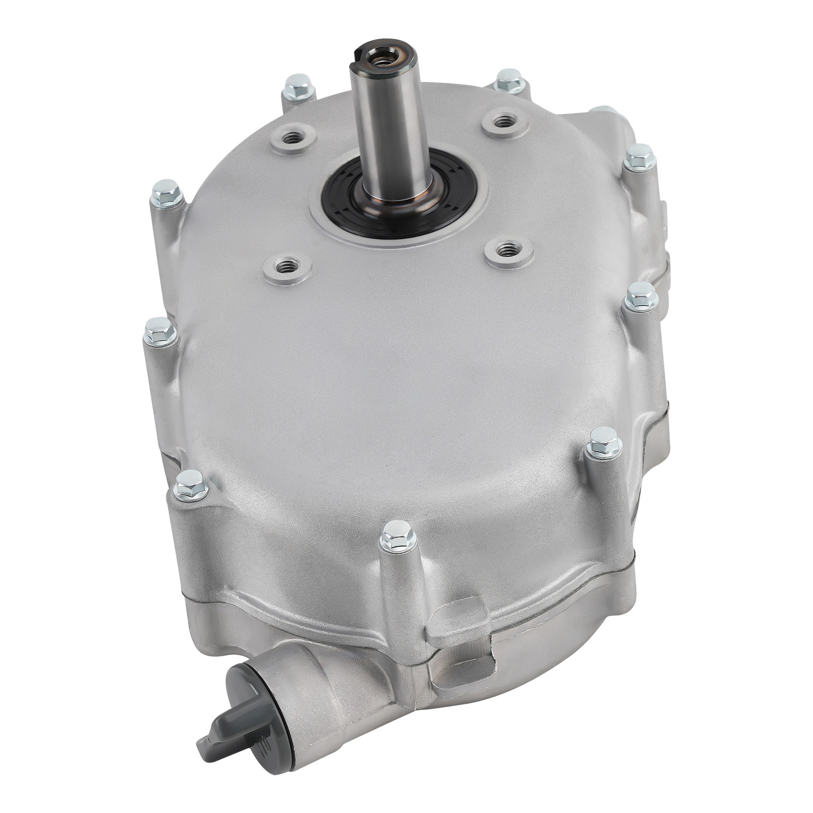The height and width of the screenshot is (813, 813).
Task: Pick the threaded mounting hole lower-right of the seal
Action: pos(504,249)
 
